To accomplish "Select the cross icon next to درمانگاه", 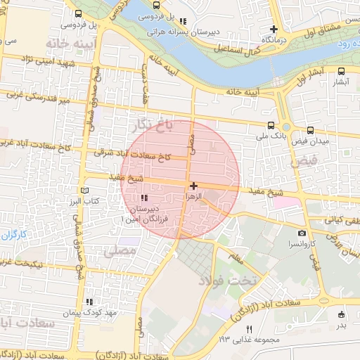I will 274,30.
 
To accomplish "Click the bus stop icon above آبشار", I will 341,71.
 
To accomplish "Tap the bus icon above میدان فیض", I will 310,130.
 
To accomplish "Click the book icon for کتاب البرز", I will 85,191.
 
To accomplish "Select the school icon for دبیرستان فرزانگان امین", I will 144,198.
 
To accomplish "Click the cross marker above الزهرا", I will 193,186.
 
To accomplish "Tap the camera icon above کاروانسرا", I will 302,233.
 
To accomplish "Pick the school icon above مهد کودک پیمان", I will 89,302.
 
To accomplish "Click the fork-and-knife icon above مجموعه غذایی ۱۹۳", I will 249,329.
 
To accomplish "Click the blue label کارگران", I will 13,233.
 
